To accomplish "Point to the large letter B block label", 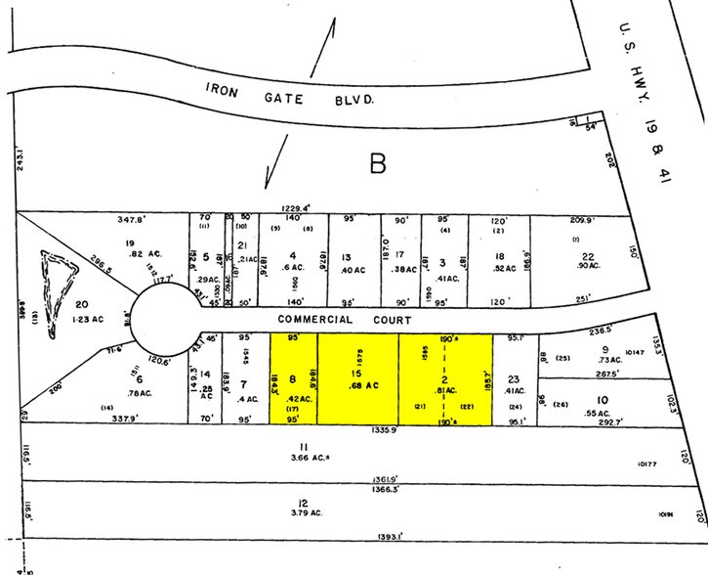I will (377, 165).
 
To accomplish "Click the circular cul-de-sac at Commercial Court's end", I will (160, 320).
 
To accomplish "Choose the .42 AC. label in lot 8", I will (299, 400).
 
